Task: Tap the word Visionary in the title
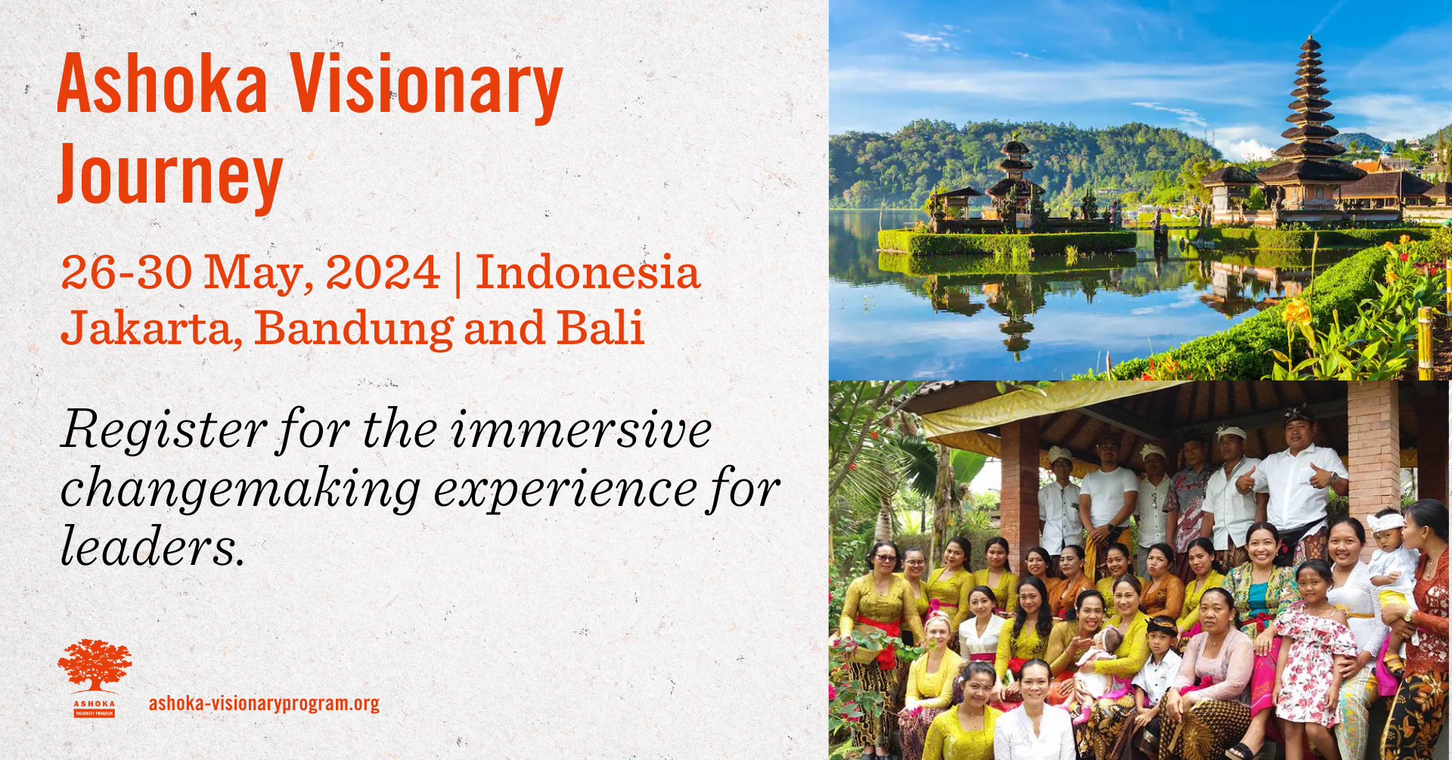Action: click(427, 89)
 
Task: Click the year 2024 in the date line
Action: click(383, 272)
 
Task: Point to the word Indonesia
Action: click(588, 272)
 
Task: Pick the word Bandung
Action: click(354, 329)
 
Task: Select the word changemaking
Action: click(240, 490)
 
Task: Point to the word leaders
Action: click(153, 547)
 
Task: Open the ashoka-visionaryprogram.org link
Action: click(264, 704)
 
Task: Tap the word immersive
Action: click(581, 430)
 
